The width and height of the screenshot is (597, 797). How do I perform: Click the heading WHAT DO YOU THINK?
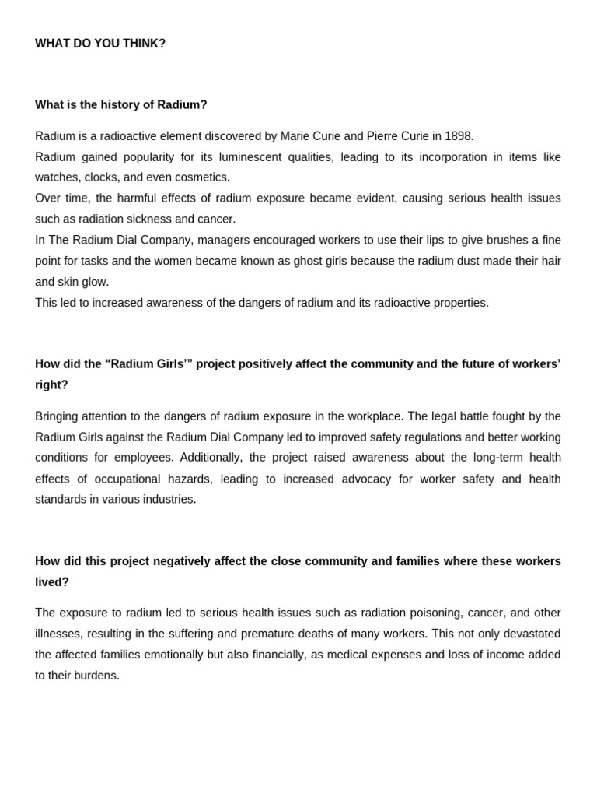click(100, 44)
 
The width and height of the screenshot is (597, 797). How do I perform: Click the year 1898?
click(457, 136)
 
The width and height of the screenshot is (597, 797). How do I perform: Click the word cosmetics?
click(204, 177)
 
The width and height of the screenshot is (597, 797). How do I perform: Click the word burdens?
click(98, 676)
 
